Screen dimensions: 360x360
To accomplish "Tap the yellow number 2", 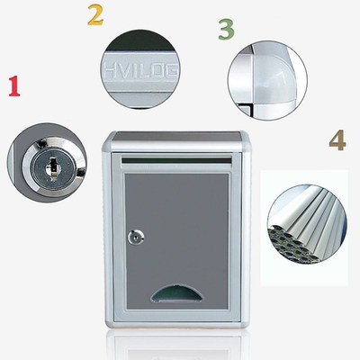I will pyautogui.click(x=94, y=15).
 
